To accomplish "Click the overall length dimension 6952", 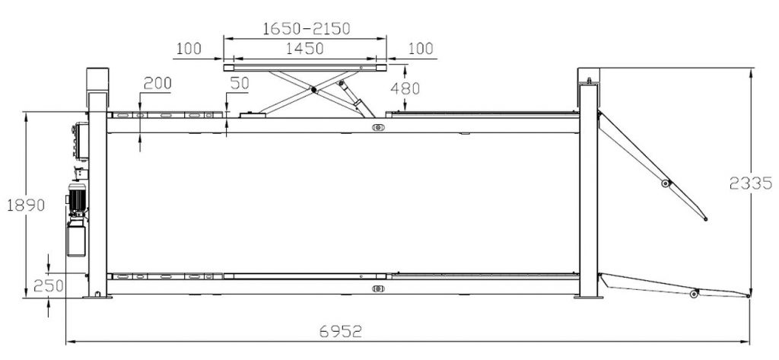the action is tap(340, 331).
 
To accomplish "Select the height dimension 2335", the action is tap(751, 183).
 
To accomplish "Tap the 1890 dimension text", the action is tap(26, 205).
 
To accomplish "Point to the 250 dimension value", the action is tap(49, 286).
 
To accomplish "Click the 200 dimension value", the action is tap(157, 83).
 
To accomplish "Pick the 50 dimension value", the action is tap(240, 83).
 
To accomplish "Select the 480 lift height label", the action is tap(405, 88).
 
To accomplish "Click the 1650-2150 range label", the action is tap(306, 28).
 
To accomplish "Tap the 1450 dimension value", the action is tap(305, 48).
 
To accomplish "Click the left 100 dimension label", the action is tap(189, 48).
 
